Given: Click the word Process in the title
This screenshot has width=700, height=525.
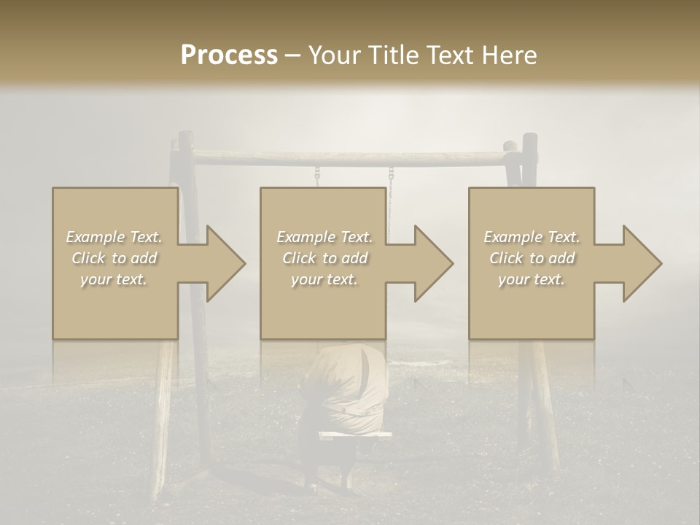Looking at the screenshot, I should click(x=229, y=55).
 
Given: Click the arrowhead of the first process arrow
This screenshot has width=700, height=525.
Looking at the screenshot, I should click(x=225, y=263).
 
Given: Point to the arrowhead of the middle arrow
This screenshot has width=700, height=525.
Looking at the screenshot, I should click(x=432, y=263).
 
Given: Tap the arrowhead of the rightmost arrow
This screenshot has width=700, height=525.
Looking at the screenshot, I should click(x=641, y=263).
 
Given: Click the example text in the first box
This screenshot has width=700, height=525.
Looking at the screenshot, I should click(x=114, y=258).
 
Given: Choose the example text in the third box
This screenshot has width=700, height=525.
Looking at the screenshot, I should click(x=532, y=258).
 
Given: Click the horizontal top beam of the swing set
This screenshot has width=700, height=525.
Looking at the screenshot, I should click(x=350, y=157).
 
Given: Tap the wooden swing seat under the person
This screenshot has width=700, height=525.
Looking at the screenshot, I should click(x=355, y=435).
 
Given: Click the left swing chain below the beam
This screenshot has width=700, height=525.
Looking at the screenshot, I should click(x=317, y=176).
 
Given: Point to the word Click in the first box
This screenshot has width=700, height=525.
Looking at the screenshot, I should click(x=88, y=258).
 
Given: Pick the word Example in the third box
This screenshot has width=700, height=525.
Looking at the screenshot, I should click(x=513, y=237).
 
